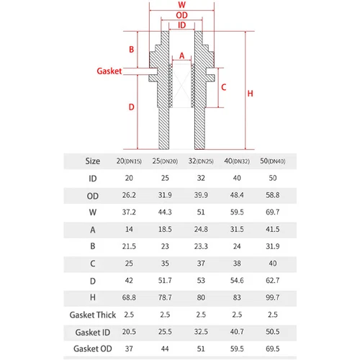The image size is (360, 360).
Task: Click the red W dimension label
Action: (x=181, y=4)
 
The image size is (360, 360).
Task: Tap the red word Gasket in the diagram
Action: (x=109, y=71)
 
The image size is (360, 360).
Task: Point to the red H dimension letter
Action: (x=250, y=94)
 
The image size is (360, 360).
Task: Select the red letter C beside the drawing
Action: (x=224, y=87)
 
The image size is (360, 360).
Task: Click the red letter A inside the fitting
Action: (x=182, y=55)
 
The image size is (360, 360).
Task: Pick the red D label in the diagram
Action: (x=131, y=107)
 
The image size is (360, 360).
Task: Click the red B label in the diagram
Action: (x=131, y=50)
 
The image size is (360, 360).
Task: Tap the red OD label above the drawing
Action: (x=181, y=15)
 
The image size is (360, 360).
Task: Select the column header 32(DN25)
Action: (x=201, y=161)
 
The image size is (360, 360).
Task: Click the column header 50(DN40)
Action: (x=273, y=161)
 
